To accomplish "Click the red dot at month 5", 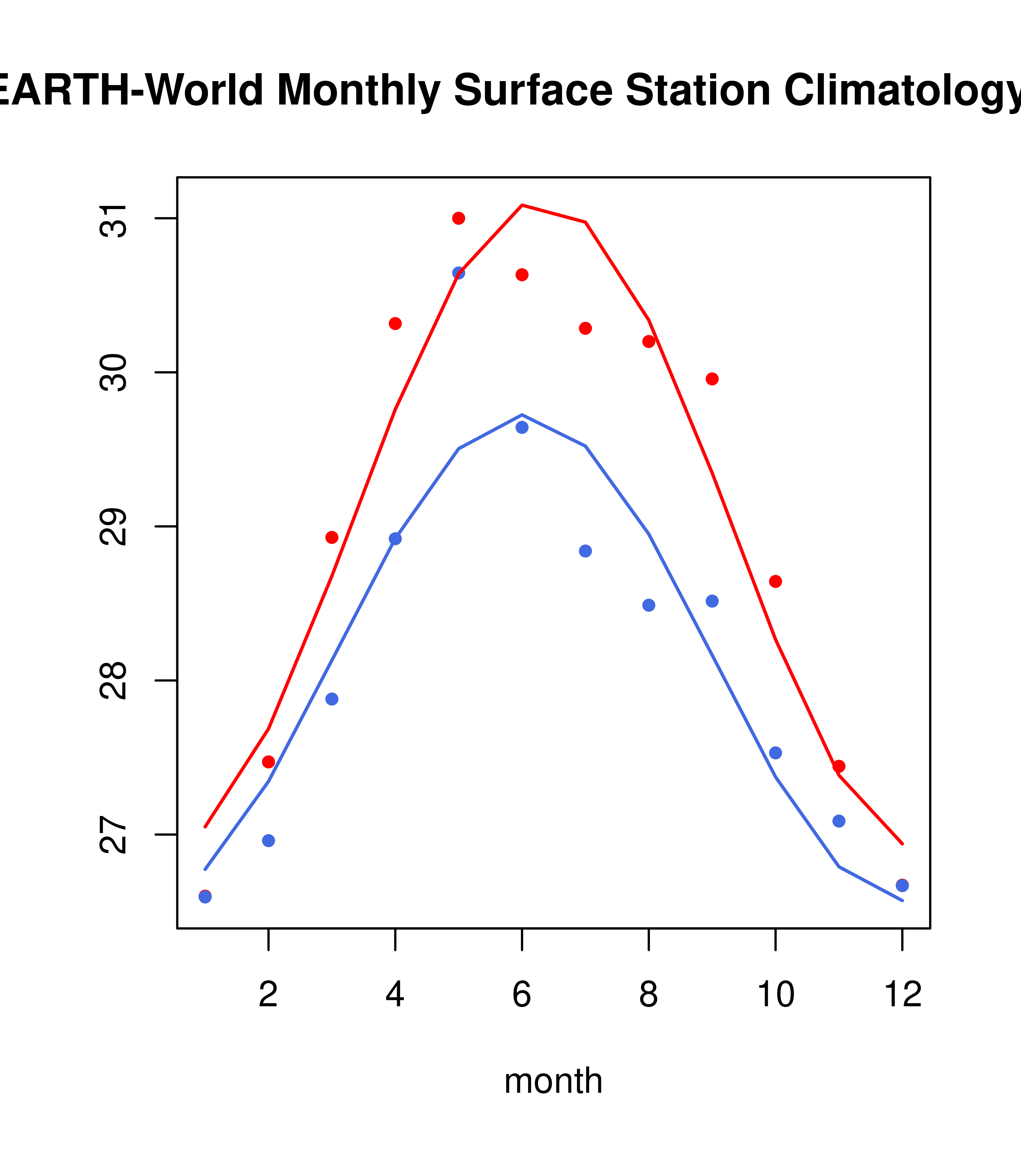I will click(x=459, y=218).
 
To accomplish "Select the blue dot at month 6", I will click(x=522, y=427).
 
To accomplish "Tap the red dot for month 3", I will click(x=332, y=537).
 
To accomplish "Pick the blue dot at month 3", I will click(x=332, y=699).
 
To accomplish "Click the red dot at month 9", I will click(x=712, y=379).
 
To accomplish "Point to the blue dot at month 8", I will click(x=648, y=605).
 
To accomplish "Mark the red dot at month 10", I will click(x=775, y=581).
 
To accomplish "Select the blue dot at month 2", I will click(x=269, y=840).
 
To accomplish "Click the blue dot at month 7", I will click(x=585, y=551).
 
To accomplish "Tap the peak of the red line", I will click(x=522, y=205).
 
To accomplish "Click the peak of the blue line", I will click(x=522, y=414).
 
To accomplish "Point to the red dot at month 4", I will click(x=395, y=323).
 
